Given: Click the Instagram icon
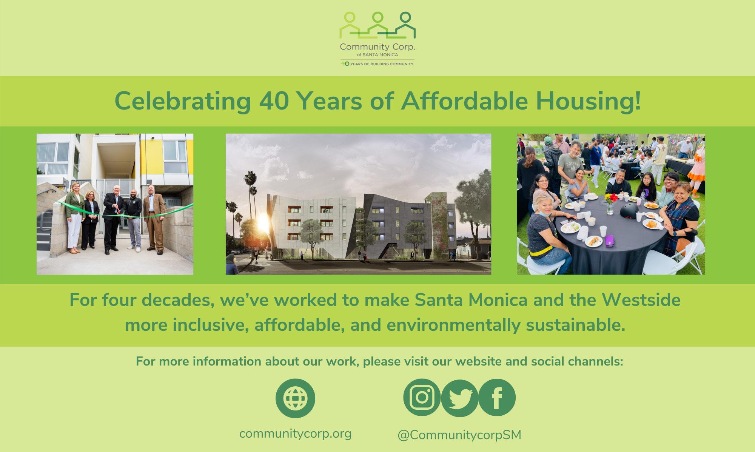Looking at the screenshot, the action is tap(422, 398).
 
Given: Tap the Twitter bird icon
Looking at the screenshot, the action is tap(459, 398).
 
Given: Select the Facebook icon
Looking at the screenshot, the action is tap(497, 398).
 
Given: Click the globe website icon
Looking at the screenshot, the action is tap(295, 398).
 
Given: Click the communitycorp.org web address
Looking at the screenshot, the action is tap(295, 433).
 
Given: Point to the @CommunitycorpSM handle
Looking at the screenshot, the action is tap(459, 435).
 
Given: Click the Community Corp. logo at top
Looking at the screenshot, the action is tap(377, 39).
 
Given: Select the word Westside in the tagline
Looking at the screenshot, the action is tap(641, 300).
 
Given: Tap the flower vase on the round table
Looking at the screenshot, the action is tap(610, 204).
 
